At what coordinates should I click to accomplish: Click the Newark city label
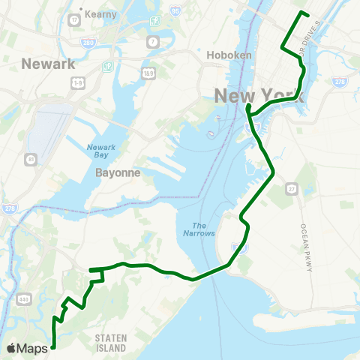pos(49,64)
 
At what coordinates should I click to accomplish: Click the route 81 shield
pos(31,160)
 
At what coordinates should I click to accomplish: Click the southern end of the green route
pos(54,346)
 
